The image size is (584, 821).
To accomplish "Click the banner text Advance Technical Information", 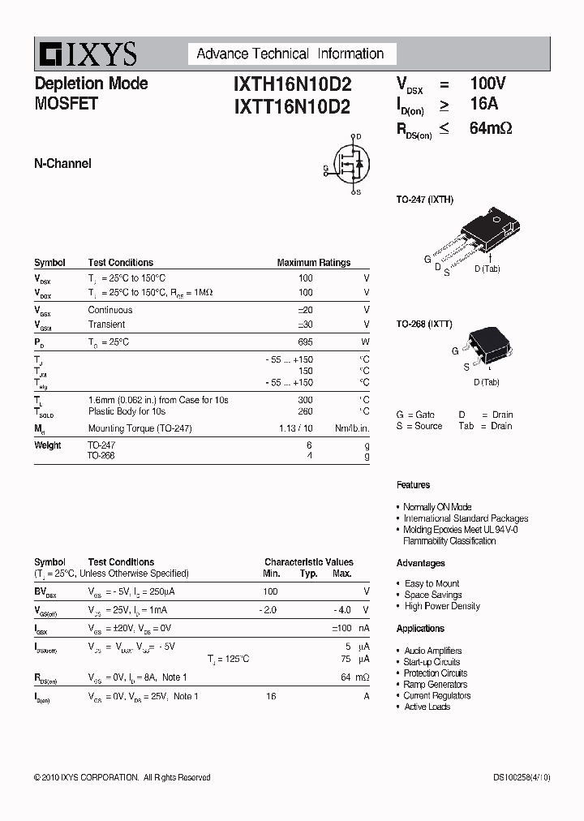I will click(290, 54).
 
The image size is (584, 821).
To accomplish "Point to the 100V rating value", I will click(488, 83).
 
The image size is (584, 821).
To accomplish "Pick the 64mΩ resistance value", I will click(491, 128).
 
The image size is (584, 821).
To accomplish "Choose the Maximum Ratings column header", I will click(314, 263).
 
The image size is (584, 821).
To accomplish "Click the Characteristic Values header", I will click(309, 562).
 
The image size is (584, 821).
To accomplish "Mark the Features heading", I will click(413, 485).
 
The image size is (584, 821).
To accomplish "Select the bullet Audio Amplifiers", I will click(432, 651).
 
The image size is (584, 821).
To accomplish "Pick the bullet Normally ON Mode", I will click(437, 507).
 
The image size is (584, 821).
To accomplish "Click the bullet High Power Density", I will click(442, 606).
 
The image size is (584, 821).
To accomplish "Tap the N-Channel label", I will click(62, 164).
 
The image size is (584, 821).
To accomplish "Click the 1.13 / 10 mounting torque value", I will click(295, 428).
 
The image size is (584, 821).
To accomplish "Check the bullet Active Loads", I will click(427, 707).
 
